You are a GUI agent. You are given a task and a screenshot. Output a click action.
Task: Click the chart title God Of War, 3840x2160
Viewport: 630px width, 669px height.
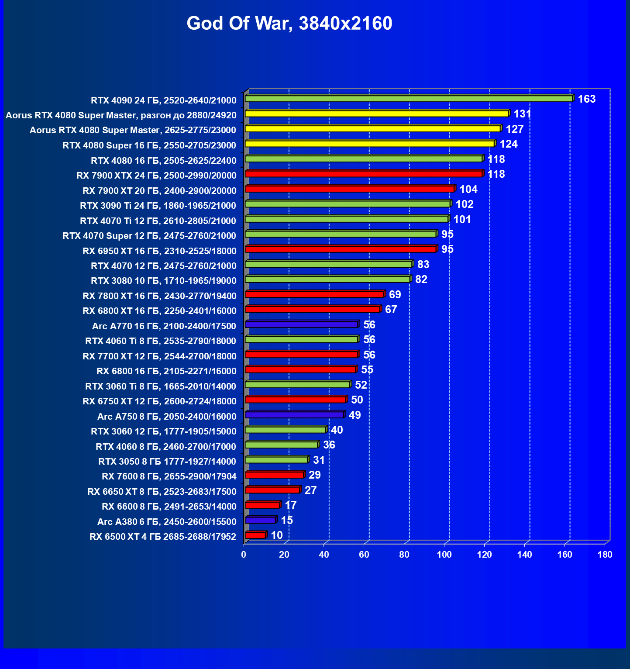click(289, 24)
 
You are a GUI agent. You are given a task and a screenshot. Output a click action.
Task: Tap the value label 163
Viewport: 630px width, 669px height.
click(586, 99)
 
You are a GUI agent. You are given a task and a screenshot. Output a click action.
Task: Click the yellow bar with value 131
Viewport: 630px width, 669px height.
click(376, 114)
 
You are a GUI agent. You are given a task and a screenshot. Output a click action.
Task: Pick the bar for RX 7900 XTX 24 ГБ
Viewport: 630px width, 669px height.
click(363, 174)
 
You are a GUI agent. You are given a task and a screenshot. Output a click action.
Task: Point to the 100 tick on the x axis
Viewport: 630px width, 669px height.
click(444, 555)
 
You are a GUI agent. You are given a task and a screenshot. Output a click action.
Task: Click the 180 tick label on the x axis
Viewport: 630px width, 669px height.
click(605, 555)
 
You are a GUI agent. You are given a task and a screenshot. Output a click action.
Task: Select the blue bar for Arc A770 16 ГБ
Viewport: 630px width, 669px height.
click(301, 324)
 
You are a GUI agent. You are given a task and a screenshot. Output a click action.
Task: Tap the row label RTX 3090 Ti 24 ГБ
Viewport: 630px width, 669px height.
click(158, 206)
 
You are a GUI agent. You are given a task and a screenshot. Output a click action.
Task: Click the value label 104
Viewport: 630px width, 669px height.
click(468, 190)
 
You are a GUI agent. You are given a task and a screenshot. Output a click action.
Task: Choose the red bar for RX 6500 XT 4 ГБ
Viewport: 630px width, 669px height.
click(255, 535)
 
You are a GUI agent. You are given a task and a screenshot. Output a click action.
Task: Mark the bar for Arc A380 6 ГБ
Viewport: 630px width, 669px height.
click(260, 520)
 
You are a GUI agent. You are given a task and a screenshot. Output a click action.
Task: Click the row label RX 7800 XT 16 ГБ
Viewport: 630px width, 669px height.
click(159, 296)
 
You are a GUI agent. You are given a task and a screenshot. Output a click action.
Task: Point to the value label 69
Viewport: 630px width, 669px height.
click(395, 295)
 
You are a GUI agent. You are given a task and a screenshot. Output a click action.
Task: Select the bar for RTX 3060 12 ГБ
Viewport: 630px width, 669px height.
click(286, 430)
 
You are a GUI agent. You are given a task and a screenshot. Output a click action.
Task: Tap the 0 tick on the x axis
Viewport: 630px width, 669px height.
click(244, 555)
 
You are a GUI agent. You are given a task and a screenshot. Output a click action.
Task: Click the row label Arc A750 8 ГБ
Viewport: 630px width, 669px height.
click(167, 417)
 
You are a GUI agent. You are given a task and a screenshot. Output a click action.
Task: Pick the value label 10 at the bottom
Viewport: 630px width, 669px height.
click(277, 535)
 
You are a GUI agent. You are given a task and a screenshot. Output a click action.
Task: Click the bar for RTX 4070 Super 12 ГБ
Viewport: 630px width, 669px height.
click(341, 234)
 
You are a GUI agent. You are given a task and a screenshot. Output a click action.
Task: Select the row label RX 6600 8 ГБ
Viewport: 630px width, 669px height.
click(169, 507)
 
